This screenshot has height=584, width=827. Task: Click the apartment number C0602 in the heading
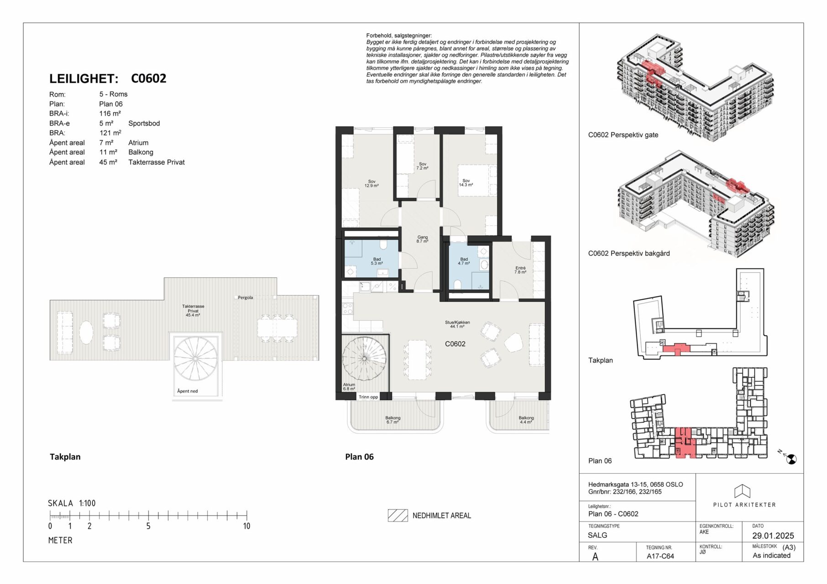coord(149,78)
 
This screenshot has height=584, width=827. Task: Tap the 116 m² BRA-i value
coord(110,114)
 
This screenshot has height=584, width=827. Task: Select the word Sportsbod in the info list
coord(144,123)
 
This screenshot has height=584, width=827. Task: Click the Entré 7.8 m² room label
coord(520,270)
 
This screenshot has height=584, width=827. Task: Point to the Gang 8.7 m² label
coord(422,239)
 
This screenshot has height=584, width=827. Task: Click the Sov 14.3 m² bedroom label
coord(466,183)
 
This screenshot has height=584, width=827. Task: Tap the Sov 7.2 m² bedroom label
coord(422,166)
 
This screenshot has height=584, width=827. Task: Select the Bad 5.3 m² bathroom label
coord(377,261)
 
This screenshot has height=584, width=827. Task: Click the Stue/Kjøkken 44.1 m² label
coord(457,324)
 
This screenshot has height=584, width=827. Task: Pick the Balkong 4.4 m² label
coord(526,420)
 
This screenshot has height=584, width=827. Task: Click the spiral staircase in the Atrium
coord(364,359)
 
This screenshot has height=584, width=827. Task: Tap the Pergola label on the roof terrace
coord(245,297)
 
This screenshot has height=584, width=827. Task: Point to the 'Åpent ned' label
coord(187,391)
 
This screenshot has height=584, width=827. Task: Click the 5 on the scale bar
coord(148,526)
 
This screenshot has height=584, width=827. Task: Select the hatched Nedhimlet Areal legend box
coord(398,516)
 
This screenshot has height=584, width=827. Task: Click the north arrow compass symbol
coord(791,459)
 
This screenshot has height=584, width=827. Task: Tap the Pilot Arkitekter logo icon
coord(742,491)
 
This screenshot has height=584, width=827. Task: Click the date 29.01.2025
coord(773,536)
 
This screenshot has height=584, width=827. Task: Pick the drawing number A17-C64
coord(660,556)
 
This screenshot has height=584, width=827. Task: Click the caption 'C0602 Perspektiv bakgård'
coord(628,254)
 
